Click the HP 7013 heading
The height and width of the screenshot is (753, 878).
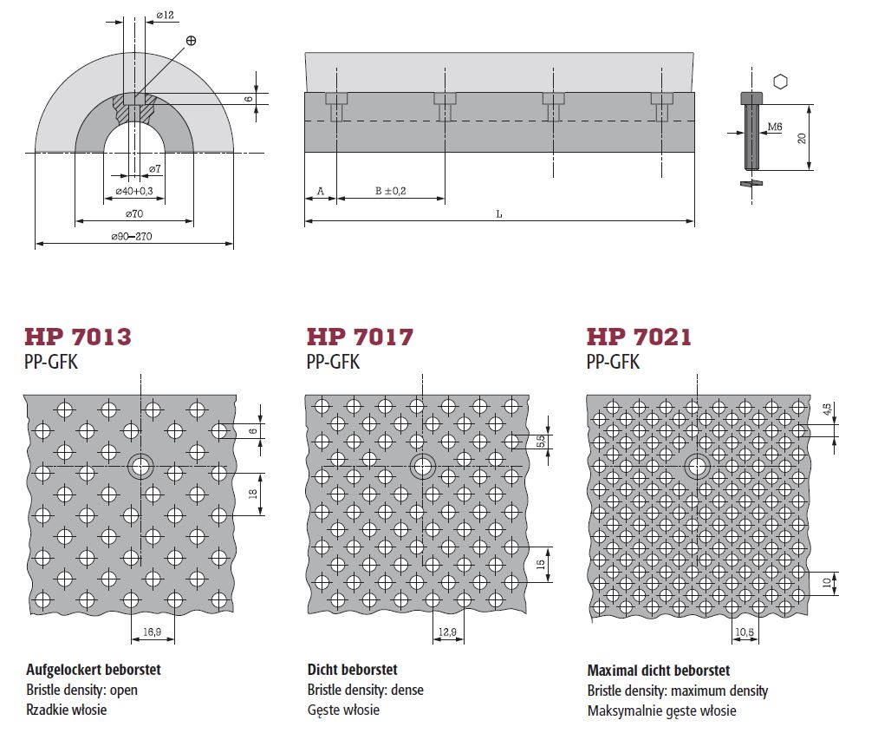point(78,337)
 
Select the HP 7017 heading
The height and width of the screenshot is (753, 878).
point(360,337)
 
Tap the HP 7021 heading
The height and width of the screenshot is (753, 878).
point(639,337)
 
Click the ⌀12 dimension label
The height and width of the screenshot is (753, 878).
point(166,15)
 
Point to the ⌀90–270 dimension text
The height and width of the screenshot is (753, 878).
point(132,237)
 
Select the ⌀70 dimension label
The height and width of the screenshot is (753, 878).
point(134,213)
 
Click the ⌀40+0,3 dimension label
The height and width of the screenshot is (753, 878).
point(134,191)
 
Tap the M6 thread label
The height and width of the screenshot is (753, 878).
point(774,128)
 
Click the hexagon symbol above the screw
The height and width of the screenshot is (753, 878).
point(781,82)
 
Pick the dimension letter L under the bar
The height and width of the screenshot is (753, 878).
point(499,214)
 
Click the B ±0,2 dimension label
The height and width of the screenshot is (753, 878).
point(390,191)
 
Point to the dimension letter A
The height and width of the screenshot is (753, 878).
point(321,192)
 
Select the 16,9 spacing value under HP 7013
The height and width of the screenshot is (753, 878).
point(152,632)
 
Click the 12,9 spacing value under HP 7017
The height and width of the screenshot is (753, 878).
point(447,632)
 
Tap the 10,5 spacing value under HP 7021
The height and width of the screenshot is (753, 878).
point(745,632)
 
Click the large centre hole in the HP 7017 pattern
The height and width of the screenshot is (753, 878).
point(423,466)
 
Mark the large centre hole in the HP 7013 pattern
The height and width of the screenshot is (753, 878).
point(140,466)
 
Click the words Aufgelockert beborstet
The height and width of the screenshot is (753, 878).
point(94,670)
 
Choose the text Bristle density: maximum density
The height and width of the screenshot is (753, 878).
point(678,691)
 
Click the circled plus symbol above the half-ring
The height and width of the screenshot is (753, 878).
point(191,40)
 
